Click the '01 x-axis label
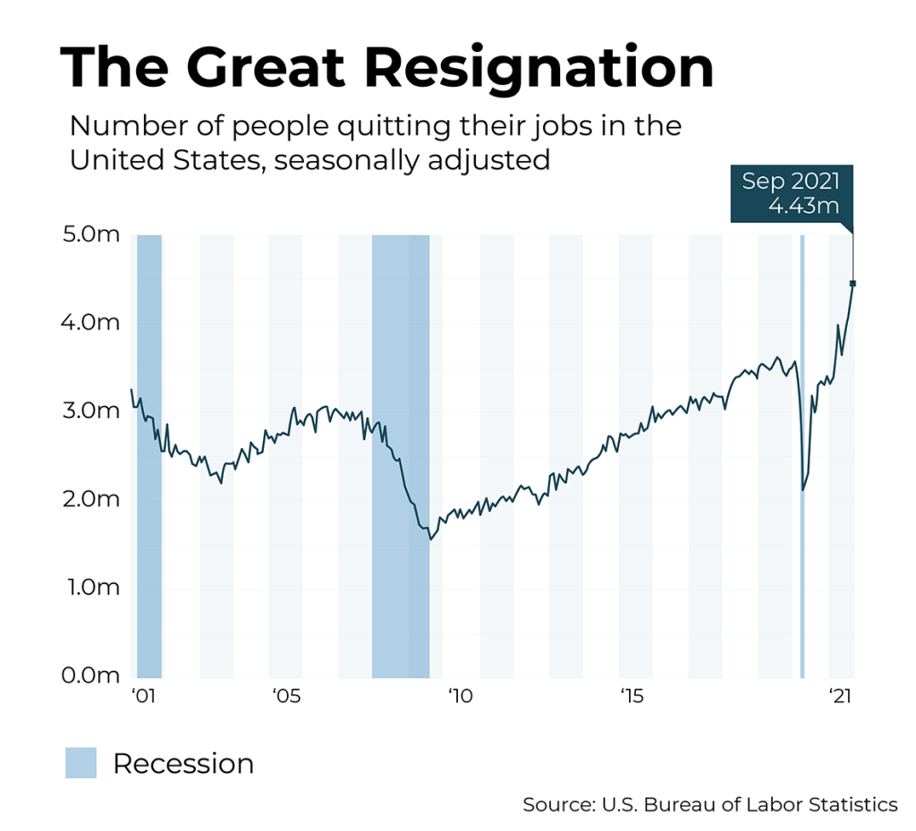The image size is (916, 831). pos(140,697)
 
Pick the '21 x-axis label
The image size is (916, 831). pos(840,697)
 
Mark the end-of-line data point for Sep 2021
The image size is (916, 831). pos(852,284)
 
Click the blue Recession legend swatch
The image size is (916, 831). pos(81,763)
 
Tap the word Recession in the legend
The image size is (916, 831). pos(183,764)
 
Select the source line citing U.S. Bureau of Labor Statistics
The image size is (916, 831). pos(709,805)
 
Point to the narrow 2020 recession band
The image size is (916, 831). pos(801,456)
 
